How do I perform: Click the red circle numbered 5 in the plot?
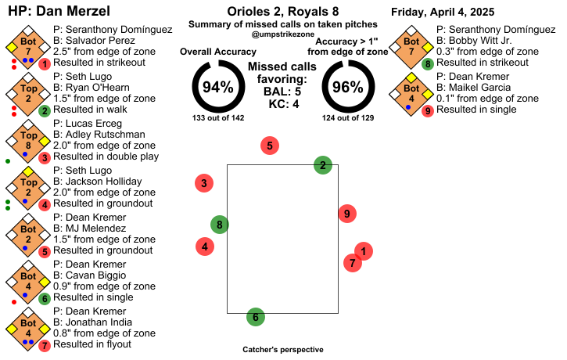(270, 146)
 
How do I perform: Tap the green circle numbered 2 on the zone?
(322, 165)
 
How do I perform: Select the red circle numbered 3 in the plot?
(204, 184)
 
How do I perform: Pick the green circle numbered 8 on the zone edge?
(220, 225)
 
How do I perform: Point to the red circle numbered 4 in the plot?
(205, 246)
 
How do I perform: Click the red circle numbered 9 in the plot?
(347, 212)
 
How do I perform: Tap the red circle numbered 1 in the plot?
(363, 251)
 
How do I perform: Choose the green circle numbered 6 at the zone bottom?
(254, 317)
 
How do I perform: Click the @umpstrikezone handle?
(283, 36)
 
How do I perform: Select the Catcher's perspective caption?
(283, 350)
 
